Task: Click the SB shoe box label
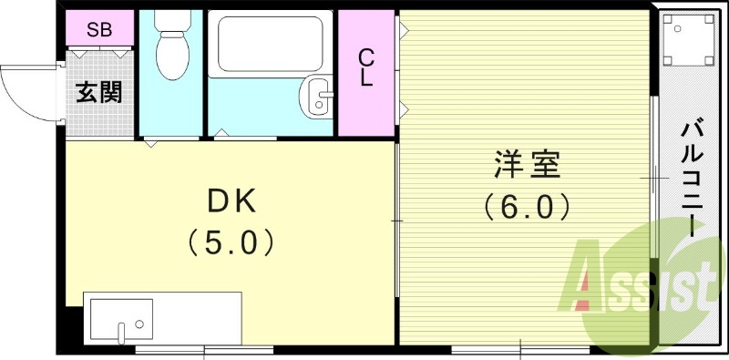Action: [x=99, y=29]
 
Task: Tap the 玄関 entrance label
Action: [x=99, y=92]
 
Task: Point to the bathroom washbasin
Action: [x=318, y=95]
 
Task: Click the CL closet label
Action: [x=365, y=67]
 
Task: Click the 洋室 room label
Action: [x=527, y=166]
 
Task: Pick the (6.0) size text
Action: [x=527, y=207]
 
